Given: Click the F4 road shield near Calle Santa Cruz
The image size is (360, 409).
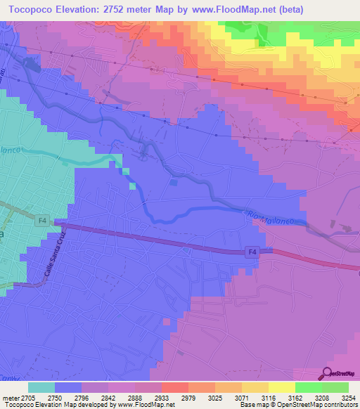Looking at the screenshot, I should (x=41, y=221).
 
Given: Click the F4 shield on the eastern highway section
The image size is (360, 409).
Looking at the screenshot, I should (x=252, y=251).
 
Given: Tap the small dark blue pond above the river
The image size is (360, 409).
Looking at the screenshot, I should (x=174, y=183).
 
